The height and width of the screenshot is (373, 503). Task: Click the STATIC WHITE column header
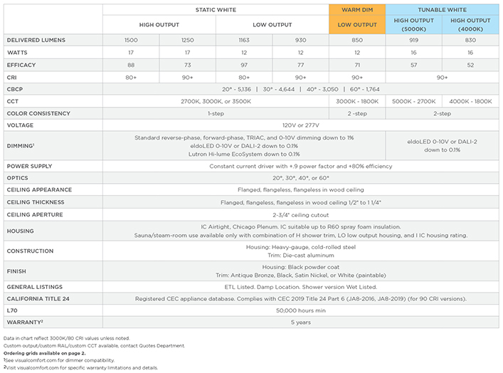click(216, 9)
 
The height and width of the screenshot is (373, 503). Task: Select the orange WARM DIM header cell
click(356, 9)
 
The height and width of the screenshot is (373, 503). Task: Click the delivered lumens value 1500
click(130, 41)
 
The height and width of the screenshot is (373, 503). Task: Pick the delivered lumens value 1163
click(243, 41)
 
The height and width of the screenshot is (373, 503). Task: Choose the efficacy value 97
click(243, 64)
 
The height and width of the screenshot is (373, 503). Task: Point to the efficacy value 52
click(470, 64)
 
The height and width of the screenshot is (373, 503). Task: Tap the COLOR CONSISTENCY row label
click(38, 113)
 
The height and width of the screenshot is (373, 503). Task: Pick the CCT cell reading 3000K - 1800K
click(356, 102)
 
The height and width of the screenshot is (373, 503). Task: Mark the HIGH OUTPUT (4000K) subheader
click(470, 25)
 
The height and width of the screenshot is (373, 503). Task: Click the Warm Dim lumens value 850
click(356, 41)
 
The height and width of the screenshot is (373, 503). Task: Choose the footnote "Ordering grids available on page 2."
click(44, 353)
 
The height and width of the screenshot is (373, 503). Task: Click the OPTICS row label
click(18, 177)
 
